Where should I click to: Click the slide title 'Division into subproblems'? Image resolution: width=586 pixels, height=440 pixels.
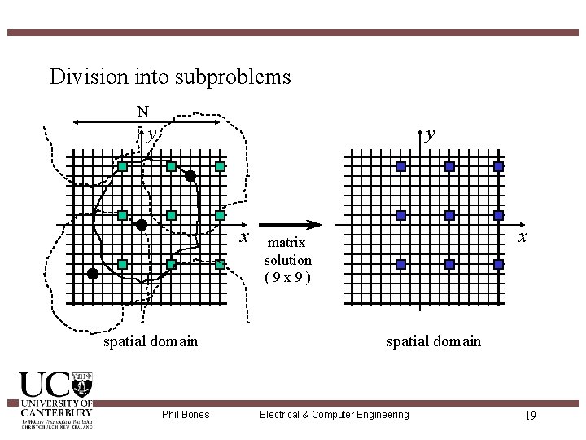coord(169,77)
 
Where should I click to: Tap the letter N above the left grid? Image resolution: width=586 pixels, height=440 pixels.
coord(142,112)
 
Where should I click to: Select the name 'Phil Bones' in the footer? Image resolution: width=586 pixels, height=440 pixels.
coord(186,415)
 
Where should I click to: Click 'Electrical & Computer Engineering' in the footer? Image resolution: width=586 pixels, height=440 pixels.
coord(334,415)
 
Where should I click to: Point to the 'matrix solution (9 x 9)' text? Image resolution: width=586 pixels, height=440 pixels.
coord(287,260)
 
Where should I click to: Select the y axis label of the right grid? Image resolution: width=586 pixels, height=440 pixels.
coord(430,134)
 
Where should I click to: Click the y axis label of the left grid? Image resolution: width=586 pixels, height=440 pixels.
coord(151,134)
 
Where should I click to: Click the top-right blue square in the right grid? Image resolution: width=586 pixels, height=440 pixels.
coord(498,166)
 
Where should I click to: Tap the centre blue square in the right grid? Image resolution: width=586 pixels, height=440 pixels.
coord(449,216)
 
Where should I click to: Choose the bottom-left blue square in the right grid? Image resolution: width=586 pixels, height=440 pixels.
coord(400,265)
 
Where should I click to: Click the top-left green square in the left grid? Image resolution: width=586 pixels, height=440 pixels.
coord(122,166)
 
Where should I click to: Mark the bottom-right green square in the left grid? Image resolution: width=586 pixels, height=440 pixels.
coord(220,265)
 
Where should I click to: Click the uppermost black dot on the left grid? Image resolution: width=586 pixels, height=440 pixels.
coord(190,176)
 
